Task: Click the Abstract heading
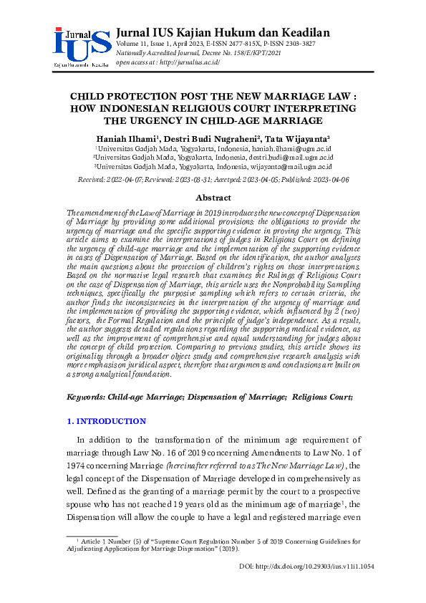pos(213,198)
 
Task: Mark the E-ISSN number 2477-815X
pos(228,44)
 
